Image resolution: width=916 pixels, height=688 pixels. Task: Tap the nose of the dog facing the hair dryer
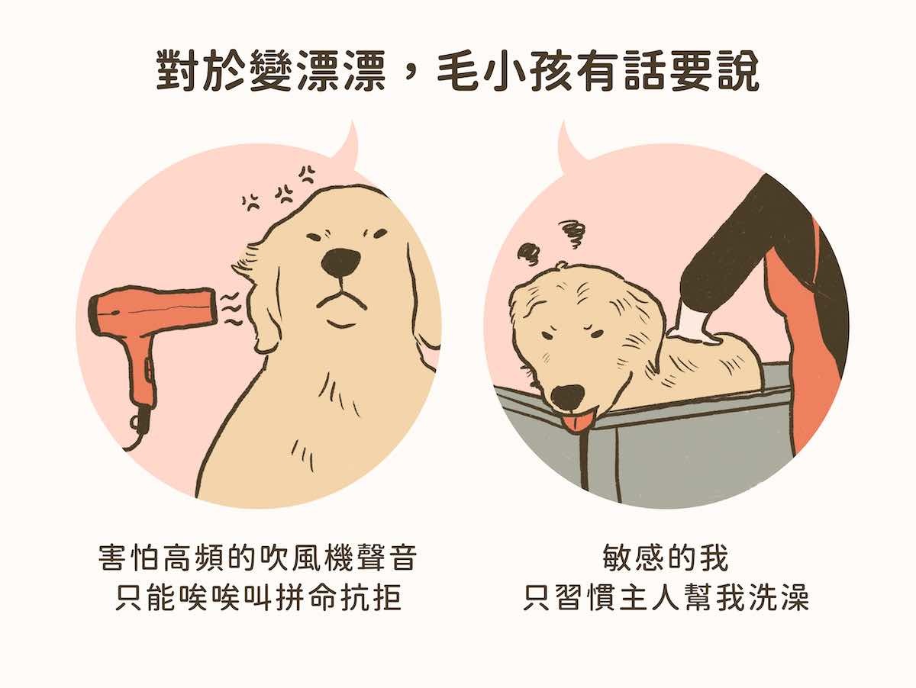click(341, 262)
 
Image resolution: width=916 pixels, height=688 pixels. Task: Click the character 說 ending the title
click(737, 70)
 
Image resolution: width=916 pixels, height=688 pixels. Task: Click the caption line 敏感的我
click(665, 558)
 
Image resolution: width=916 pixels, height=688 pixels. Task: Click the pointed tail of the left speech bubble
click(353, 122)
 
